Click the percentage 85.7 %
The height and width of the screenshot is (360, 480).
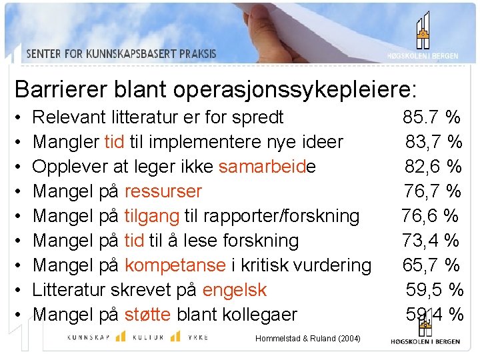click(431, 117)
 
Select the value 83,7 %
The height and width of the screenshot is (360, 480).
click(434, 142)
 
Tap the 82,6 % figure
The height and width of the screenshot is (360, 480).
click(434, 167)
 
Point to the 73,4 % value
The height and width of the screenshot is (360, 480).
click(431, 240)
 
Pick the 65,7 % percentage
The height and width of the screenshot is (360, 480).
click(431, 265)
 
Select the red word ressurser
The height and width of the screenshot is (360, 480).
click(163, 191)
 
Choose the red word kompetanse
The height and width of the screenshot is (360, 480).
click(175, 265)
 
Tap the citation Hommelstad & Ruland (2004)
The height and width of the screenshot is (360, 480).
click(307, 339)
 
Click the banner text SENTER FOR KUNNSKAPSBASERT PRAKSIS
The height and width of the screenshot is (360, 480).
click(122, 54)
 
